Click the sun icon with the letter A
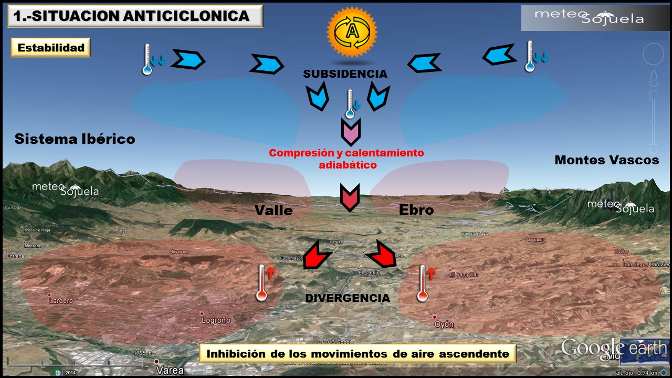(x=352, y=33)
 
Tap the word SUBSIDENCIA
(x=345, y=74)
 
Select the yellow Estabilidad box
(x=51, y=48)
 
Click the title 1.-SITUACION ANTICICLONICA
(x=131, y=16)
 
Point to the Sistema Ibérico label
(x=75, y=139)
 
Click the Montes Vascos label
(x=606, y=160)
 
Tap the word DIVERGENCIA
(x=348, y=298)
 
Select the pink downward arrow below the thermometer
(x=350, y=132)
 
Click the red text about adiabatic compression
(x=346, y=159)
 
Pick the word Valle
(x=273, y=211)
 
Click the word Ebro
(x=416, y=210)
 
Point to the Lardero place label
(x=61, y=301)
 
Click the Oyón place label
(x=444, y=324)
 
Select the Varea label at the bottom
(x=171, y=370)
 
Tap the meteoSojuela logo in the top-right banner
(x=589, y=17)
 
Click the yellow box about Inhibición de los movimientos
(x=358, y=353)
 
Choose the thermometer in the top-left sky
(x=148, y=59)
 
